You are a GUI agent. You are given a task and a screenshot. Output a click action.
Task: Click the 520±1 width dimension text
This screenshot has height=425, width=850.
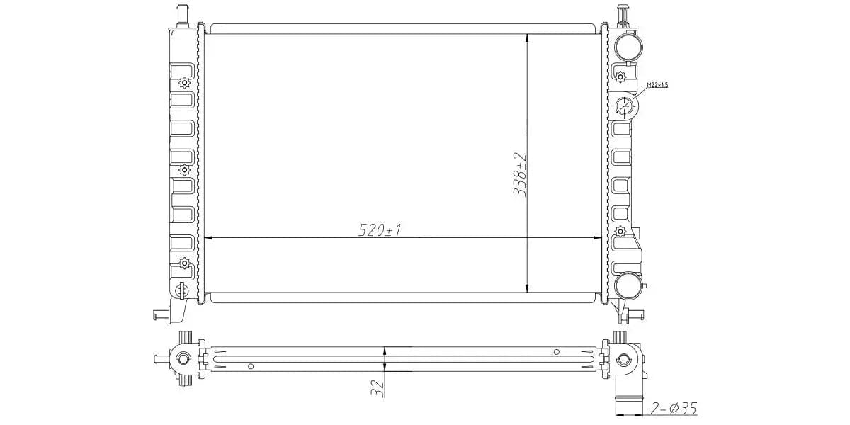(380, 230)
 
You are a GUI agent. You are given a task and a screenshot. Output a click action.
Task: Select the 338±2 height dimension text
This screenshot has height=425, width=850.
(520, 174)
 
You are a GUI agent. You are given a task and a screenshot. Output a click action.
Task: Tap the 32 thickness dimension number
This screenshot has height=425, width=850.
(378, 388)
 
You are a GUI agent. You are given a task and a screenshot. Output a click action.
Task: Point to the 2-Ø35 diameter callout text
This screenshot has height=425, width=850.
(674, 408)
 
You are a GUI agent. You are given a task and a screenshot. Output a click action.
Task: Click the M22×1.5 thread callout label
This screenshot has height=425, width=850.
(657, 85)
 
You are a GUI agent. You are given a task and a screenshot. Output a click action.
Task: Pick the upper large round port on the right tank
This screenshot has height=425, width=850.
(628, 47)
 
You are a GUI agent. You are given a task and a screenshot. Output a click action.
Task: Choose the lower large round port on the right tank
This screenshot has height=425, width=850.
(628, 285)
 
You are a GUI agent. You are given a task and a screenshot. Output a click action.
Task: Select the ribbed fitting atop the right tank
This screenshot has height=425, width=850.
(623, 15)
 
